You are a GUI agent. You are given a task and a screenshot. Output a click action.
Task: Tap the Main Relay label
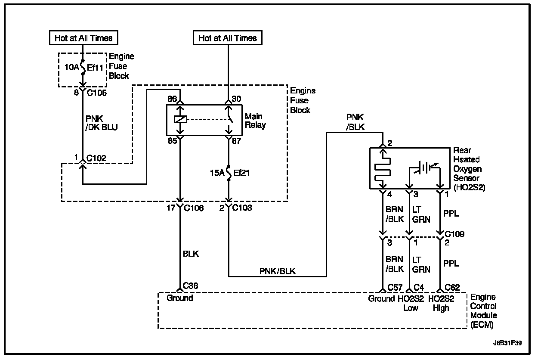pos(255,121)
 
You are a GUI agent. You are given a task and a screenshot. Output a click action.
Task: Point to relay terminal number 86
pos(172,99)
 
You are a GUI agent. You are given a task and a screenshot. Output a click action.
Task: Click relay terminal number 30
pos(237,99)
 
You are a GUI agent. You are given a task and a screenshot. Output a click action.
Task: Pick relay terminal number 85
pos(172,140)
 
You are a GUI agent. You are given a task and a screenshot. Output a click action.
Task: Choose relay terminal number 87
pos(237,140)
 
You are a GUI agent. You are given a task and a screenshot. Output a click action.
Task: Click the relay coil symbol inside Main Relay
pos(180,119)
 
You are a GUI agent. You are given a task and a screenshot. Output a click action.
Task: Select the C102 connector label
pos(96,158)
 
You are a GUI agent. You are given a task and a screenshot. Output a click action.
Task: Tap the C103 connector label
pos(243,208)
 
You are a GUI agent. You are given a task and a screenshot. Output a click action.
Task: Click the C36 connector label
pos(191,286)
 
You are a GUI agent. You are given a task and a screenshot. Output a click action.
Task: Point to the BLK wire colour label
pos(191,254)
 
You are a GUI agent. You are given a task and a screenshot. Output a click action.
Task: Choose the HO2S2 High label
pos(441,303)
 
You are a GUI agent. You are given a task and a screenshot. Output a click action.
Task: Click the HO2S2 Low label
pos(411,303)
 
